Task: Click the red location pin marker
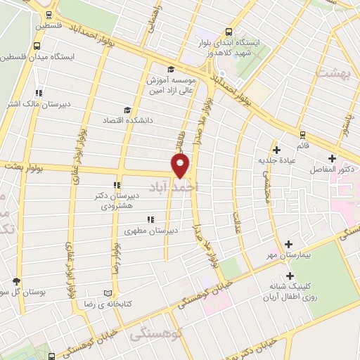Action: point(181,167)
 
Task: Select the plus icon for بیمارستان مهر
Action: point(288,244)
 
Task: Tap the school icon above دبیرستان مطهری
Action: point(150,220)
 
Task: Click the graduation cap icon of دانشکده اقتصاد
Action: point(127,110)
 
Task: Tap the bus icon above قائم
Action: point(302,134)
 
